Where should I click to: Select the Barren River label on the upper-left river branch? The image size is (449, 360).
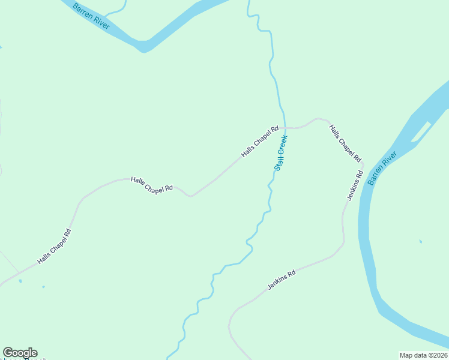coord(87,13)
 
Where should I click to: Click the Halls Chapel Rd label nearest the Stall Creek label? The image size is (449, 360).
coord(260,142)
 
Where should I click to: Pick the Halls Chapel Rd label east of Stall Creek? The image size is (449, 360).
coord(345,143)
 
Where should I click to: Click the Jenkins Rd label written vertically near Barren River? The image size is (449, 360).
coord(355,185)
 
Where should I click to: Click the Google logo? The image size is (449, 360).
coord(20,353)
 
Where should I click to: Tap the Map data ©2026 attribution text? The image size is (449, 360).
coord(423,355)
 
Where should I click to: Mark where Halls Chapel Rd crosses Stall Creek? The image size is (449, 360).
coord(285,127)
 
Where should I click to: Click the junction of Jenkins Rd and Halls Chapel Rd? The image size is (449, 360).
coord(363,163)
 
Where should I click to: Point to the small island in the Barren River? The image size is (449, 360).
coord(422,132)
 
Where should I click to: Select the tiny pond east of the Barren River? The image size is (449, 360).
coord(420,241)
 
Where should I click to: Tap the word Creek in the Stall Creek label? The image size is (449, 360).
coord(284,145)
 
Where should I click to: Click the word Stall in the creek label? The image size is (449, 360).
coord(279,163)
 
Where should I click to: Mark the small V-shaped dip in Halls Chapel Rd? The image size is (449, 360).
coord(191,196)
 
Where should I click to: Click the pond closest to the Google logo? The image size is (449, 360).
coord(20,280)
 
